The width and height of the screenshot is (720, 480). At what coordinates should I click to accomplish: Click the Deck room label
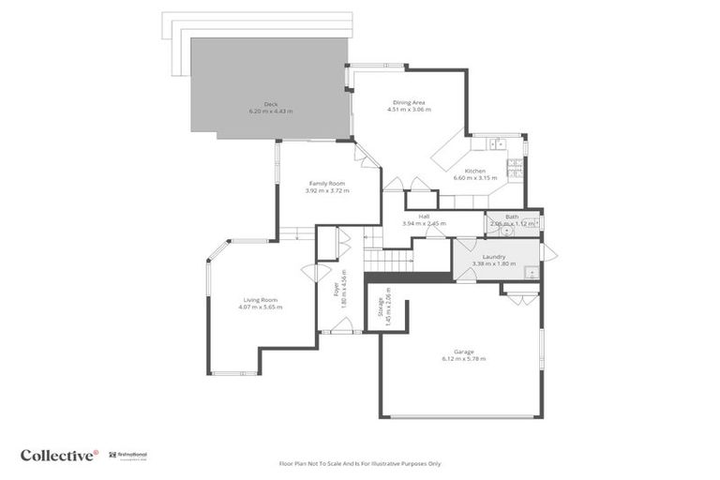[270, 104]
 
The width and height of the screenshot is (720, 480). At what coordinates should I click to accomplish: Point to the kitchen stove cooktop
[514, 169]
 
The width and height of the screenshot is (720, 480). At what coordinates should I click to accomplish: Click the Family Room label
[327, 183]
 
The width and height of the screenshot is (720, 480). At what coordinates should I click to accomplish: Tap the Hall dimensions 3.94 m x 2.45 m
[424, 224]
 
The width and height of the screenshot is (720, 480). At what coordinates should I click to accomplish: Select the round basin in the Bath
[506, 231]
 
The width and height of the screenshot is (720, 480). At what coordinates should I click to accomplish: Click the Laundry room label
[494, 256]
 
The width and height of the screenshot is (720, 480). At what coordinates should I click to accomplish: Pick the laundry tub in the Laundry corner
[531, 272]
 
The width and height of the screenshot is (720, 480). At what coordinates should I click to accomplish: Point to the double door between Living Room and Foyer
[309, 273]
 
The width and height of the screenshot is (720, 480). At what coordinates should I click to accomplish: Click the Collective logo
[59, 455]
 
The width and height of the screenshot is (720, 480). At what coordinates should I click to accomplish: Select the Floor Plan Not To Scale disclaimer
[360, 463]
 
